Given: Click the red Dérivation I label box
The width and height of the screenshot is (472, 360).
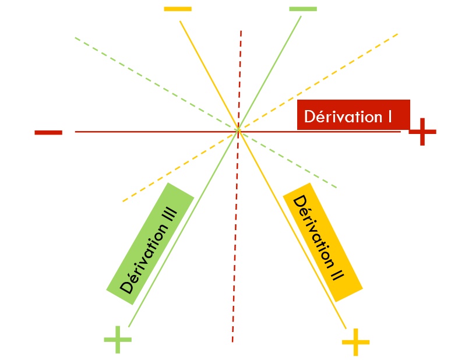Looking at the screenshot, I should click(353, 114).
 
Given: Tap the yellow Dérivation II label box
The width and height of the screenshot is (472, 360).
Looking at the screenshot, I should click(322, 246).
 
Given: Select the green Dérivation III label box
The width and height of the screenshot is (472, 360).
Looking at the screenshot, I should click(150, 243).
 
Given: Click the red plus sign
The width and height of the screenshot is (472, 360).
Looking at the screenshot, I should click(422, 132).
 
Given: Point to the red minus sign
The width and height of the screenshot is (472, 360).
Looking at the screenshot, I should click(48, 132).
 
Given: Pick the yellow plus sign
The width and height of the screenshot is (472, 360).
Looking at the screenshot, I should click(355, 342).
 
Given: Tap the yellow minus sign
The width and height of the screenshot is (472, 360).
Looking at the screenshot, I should click(178, 9).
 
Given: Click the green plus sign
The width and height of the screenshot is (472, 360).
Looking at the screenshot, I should click(117, 339).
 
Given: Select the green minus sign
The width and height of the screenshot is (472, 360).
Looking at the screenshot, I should click(303, 9).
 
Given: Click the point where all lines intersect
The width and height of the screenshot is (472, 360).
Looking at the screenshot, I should click(238, 132).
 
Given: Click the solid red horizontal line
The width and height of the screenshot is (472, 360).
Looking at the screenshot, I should click(146, 132).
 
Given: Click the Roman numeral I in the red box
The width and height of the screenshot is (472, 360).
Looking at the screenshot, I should click(388, 117).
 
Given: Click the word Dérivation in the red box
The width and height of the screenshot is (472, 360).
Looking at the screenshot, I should click(342, 117).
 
